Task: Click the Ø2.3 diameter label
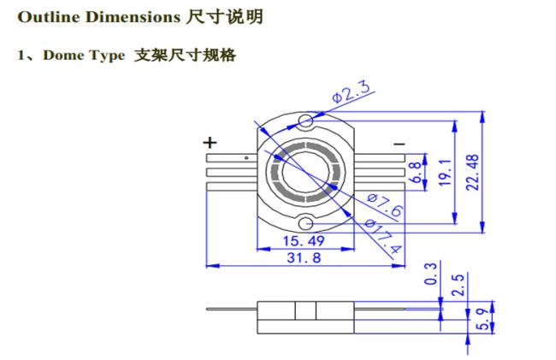pos(352,91)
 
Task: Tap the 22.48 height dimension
pos(472,173)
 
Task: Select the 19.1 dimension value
pos(445,173)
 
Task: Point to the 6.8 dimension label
pos(415,172)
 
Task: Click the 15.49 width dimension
pos(304,241)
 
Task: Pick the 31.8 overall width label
pos(304,257)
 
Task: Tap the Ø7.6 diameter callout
pos(385,205)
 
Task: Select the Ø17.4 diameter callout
pos(383,237)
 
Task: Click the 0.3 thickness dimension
pos(430,274)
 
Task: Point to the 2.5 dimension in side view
pos(458,285)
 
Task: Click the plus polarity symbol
pos(210,143)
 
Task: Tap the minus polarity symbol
pos(399,144)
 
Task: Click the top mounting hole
pos(305,121)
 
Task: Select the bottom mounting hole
pos(305,224)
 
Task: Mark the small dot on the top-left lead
pos(246,157)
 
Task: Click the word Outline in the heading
pos(49,17)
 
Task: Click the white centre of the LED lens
pos(305,172)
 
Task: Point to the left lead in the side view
pos(232,309)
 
